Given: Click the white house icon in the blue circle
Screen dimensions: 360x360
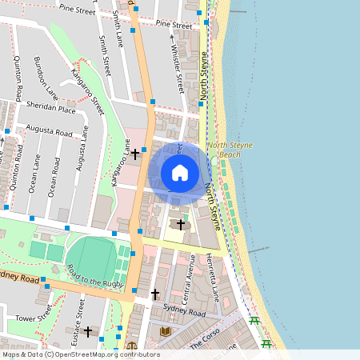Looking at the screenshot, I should pyautogui.click(x=180, y=173).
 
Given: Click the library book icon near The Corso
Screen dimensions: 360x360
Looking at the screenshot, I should pyautogui.click(x=165, y=331).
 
